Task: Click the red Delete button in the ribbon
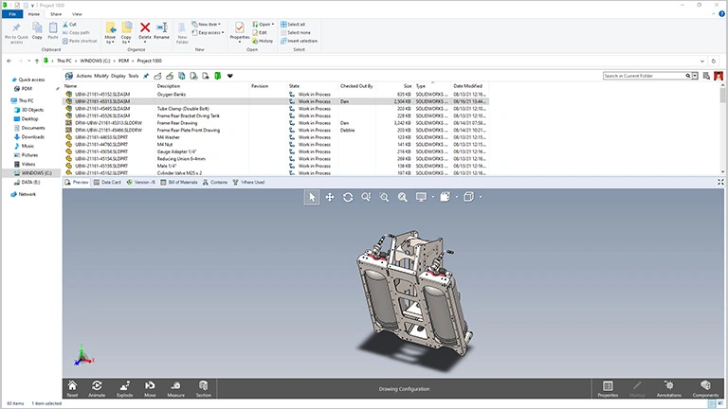pos(144,32)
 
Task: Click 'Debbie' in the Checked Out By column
pos(348,130)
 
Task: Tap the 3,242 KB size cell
pos(403,123)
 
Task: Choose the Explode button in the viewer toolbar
pos(123,389)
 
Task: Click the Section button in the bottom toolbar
pos(203,389)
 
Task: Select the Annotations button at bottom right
pos(669,389)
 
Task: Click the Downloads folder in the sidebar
pos(33,136)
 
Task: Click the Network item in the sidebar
pos(27,194)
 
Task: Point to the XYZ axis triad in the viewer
pos(82,356)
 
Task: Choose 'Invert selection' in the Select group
pos(303,42)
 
